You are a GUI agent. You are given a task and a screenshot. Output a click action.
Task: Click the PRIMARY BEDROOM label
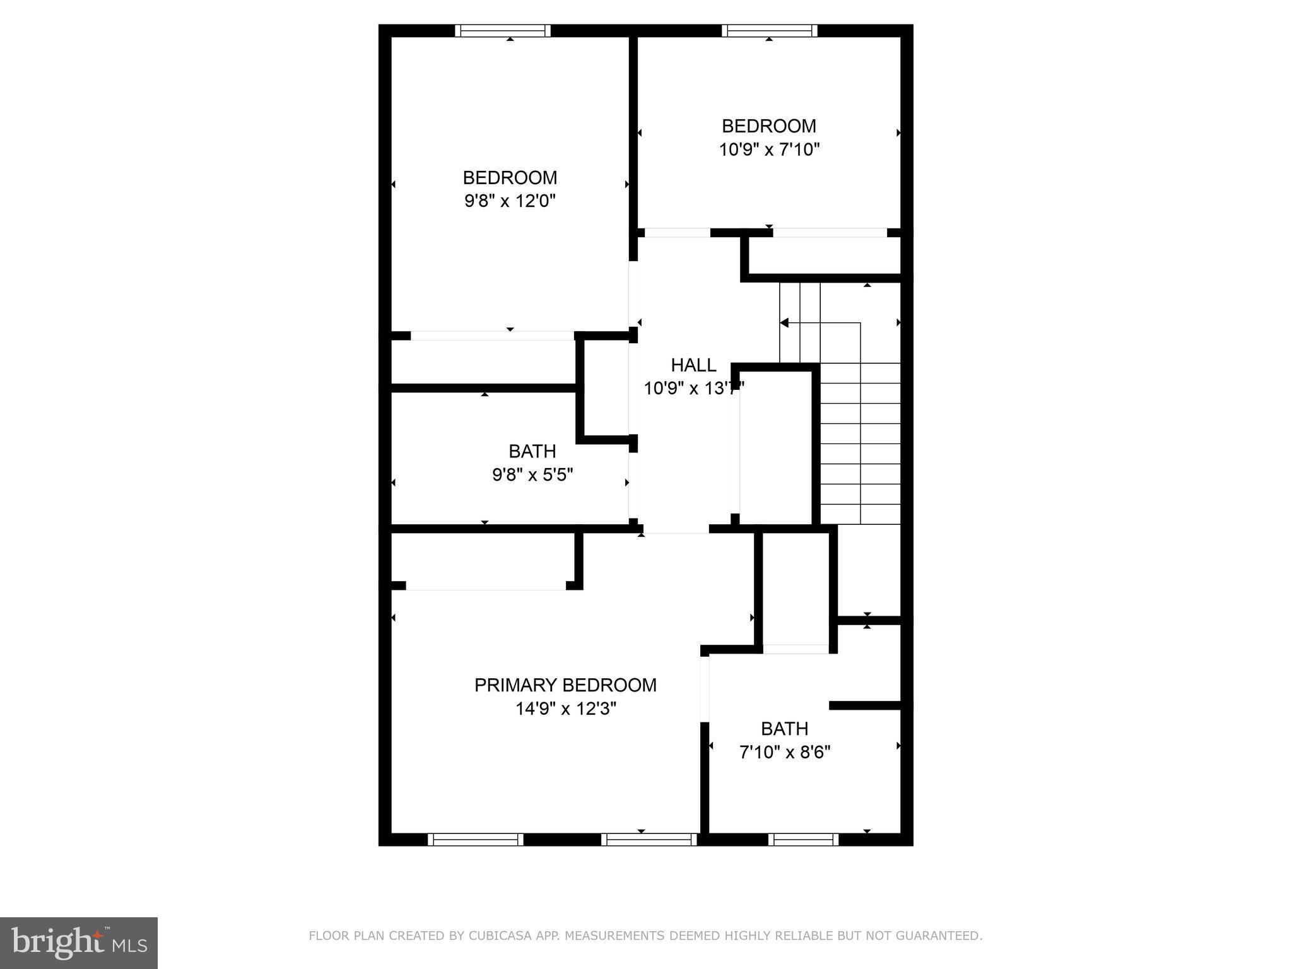pyautogui.click(x=565, y=685)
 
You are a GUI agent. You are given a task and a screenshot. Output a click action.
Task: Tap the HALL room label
pyautogui.click(x=693, y=365)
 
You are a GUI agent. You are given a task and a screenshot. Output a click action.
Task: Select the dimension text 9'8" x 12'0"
pyautogui.click(x=510, y=201)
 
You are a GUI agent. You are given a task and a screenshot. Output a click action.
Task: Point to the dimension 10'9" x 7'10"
pyautogui.click(x=769, y=150)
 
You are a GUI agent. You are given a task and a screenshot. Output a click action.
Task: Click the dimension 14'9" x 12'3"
pyautogui.click(x=565, y=709)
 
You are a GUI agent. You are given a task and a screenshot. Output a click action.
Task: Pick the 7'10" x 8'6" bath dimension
pyautogui.click(x=785, y=752)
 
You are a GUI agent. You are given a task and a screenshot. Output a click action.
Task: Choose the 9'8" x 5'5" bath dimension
pyautogui.click(x=532, y=474)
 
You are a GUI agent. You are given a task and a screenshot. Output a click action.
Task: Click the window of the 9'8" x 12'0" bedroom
pyautogui.click(x=503, y=31)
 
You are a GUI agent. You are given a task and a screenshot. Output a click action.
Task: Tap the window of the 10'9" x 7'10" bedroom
pyautogui.click(x=769, y=31)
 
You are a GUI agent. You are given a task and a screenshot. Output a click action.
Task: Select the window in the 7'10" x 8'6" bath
pyautogui.click(x=803, y=840)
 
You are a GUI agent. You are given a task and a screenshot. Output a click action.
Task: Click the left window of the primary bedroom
pyautogui.click(x=476, y=840)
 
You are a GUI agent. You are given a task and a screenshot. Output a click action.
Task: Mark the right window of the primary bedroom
pyautogui.click(x=649, y=840)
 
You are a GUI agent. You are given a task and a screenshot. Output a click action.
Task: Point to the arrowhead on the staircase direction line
pyautogui.click(x=784, y=323)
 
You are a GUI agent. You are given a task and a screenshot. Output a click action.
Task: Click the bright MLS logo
pyautogui.click(x=79, y=943)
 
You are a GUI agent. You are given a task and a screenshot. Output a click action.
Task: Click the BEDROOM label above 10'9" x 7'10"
pyautogui.click(x=769, y=126)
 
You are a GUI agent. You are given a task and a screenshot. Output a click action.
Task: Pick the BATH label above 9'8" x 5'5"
pyautogui.click(x=532, y=452)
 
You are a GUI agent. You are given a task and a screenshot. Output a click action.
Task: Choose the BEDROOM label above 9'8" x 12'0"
pyautogui.click(x=510, y=178)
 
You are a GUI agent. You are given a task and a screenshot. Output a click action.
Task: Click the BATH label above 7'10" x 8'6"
pyautogui.click(x=785, y=729)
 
